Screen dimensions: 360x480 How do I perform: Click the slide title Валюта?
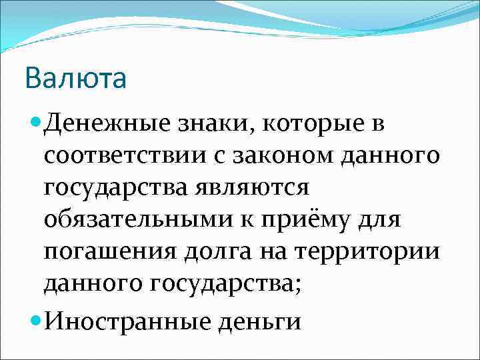(75, 79)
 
